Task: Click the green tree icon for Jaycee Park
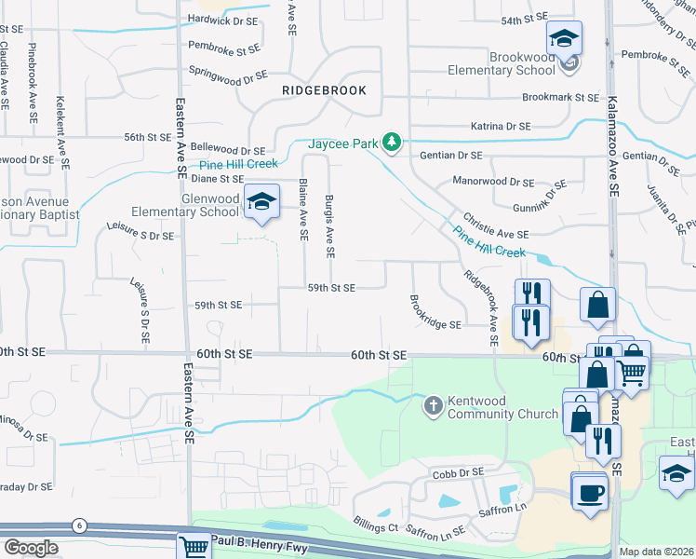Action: point(393,142)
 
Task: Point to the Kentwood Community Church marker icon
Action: point(433,405)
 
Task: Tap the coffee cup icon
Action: point(589,491)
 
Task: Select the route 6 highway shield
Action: point(80,526)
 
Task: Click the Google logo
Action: point(31,548)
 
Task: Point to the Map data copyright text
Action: point(656,552)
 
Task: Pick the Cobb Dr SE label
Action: point(456,472)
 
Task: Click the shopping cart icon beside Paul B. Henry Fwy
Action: point(194,547)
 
